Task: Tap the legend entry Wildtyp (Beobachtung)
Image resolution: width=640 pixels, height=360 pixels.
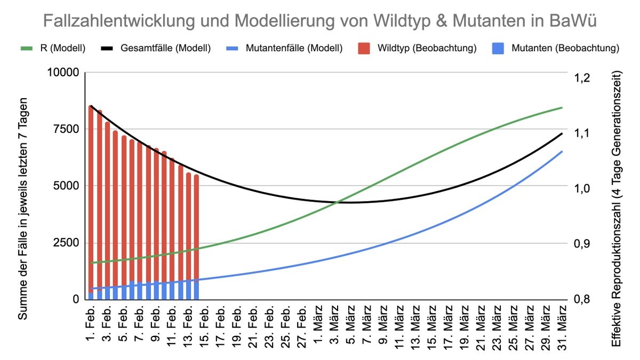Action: pos(427,48)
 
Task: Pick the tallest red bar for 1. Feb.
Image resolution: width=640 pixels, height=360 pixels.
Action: pos(91,203)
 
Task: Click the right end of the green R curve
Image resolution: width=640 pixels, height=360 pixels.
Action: pos(562,108)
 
